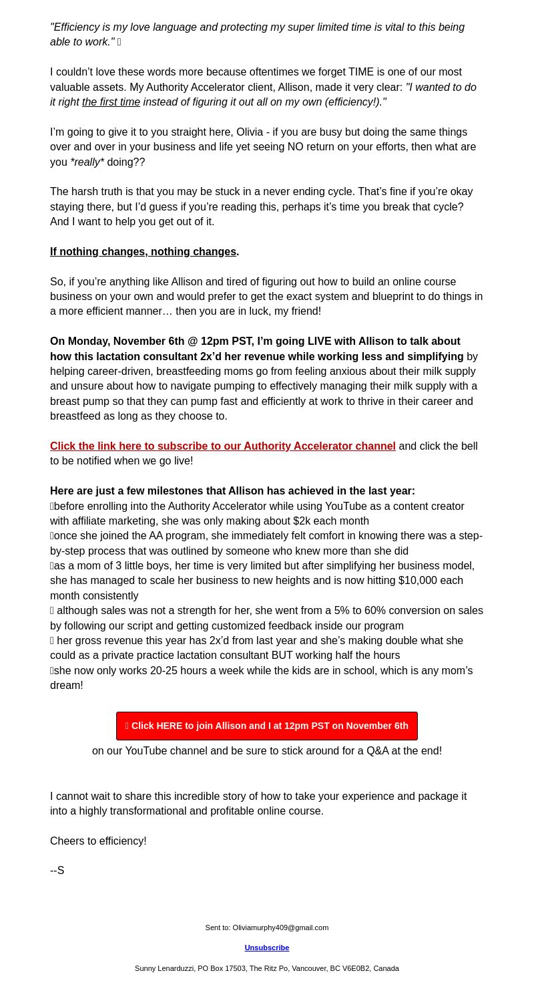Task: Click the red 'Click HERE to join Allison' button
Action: [x=267, y=726]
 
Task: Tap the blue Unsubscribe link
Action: [x=267, y=948]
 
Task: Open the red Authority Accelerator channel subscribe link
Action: [x=222, y=446]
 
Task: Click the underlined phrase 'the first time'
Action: [x=111, y=102]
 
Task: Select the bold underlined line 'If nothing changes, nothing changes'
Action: [x=143, y=252]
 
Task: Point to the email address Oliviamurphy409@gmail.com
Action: [x=280, y=927]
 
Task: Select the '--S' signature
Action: [x=57, y=870]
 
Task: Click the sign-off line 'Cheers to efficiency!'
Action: [x=98, y=841]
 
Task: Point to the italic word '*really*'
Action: [x=87, y=162]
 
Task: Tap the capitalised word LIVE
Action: [x=319, y=341]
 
